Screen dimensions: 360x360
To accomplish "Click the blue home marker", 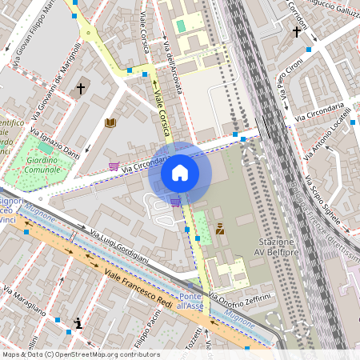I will (x=180, y=173).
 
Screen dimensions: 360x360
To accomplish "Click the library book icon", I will (x=110, y=122).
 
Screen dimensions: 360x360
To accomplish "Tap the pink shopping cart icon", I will (x=114, y=166).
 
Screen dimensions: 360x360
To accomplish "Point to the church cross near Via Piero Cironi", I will (x=297, y=32).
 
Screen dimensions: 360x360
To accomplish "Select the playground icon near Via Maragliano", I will (x=78, y=323).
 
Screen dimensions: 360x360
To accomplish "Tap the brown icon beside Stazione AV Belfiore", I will (x=220, y=228).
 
